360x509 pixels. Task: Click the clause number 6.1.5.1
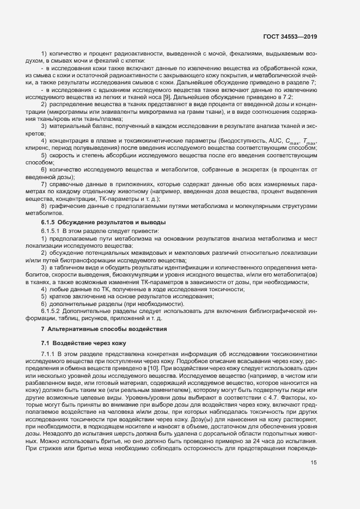click(52, 231)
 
